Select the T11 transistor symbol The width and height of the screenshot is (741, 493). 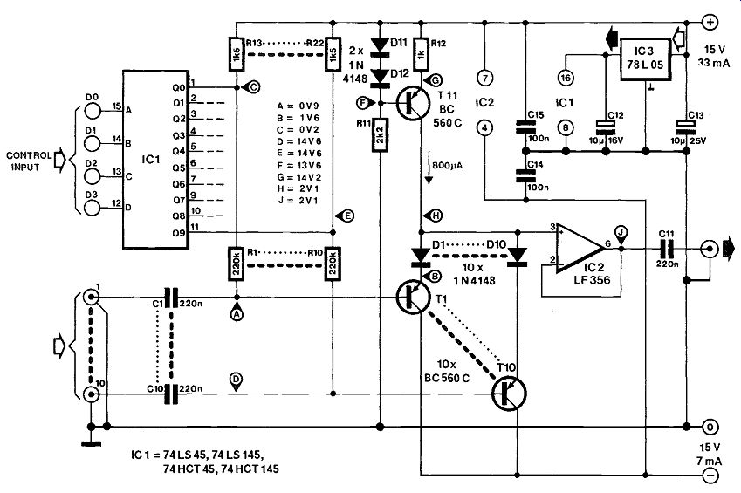click(x=413, y=104)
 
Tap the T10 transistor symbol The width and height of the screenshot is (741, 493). click(x=509, y=394)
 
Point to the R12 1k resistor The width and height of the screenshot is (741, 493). click(x=422, y=55)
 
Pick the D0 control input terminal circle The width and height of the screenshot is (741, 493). click(x=93, y=110)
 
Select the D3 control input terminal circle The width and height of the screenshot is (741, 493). click(x=93, y=208)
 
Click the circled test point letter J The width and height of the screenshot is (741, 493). click(x=621, y=233)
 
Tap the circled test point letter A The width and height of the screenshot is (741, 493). click(x=237, y=313)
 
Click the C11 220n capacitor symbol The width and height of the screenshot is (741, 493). click(x=666, y=248)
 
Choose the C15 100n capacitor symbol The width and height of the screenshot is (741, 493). click(x=525, y=126)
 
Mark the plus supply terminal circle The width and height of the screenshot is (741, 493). click(x=710, y=22)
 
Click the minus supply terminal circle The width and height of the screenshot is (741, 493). click(x=710, y=475)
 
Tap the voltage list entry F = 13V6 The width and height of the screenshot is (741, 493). click(x=298, y=165)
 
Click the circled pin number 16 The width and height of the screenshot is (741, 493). click(x=566, y=78)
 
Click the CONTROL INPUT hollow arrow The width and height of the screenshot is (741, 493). click(x=60, y=161)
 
